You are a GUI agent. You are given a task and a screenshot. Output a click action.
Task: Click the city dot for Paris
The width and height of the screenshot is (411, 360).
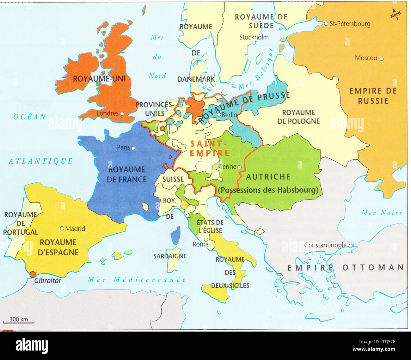click(x=133, y=148)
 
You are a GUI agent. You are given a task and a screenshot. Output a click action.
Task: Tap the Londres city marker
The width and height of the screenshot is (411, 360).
click(x=122, y=113)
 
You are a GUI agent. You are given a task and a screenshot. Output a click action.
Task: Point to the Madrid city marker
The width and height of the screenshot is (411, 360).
click(x=62, y=228)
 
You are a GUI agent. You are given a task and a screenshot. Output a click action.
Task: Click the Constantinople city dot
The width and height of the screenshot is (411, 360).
click(x=351, y=245)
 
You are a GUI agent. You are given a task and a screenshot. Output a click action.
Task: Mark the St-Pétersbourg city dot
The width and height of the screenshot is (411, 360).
click(x=326, y=24)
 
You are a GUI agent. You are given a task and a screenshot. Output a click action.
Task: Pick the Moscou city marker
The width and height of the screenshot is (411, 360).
click(x=382, y=58)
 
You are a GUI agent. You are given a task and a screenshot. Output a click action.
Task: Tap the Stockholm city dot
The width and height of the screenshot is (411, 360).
click(x=254, y=42)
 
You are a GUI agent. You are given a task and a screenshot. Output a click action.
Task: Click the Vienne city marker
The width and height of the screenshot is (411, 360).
click(x=240, y=167)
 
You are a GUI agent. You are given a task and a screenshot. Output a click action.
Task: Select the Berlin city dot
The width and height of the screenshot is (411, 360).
click(x=218, y=114)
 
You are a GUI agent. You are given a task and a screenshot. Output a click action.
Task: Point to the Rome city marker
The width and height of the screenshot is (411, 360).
click(x=206, y=240)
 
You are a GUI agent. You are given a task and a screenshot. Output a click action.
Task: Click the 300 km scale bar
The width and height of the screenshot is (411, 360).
click(x=18, y=322)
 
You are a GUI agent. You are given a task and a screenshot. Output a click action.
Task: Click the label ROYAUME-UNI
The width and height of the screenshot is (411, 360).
click(x=99, y=79)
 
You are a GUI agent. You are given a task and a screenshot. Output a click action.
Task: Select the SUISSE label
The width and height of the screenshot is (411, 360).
click(x=173, y=179)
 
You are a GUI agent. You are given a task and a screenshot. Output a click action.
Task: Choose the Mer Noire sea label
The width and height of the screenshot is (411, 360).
click(x=382, y=213)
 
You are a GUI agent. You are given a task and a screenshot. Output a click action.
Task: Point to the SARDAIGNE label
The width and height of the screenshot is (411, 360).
click(x=170, y=256)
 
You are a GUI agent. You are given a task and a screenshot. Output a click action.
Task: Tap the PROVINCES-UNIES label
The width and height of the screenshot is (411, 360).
click(x=155, y=108)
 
